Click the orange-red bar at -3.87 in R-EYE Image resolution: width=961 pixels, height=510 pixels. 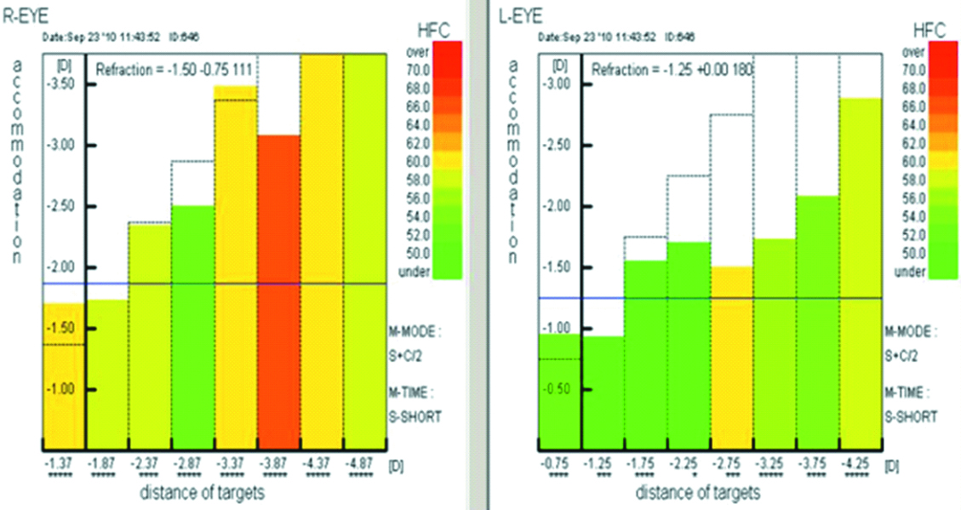click(x=278, y=289)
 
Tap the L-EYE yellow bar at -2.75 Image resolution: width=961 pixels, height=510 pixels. click(x=731, y=358)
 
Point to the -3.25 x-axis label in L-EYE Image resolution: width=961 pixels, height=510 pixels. click(x=774, y=465)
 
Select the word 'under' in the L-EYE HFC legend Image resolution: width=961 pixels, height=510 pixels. click(x=911, y=272)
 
